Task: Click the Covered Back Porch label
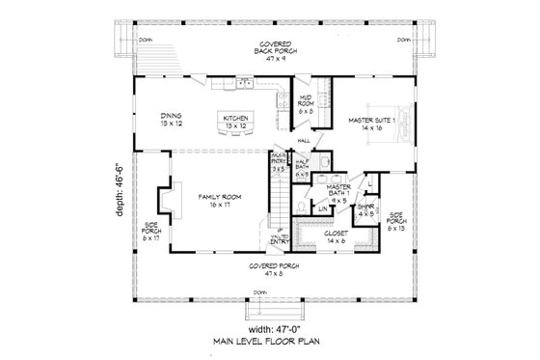pyautogui.click(x=269, y=50)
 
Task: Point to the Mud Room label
pyautogui.click(x=308, y=105)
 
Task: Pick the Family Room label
pyautogui.click(x=214, y=200)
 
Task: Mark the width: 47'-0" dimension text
pyautogui.click(x=267, y=325)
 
